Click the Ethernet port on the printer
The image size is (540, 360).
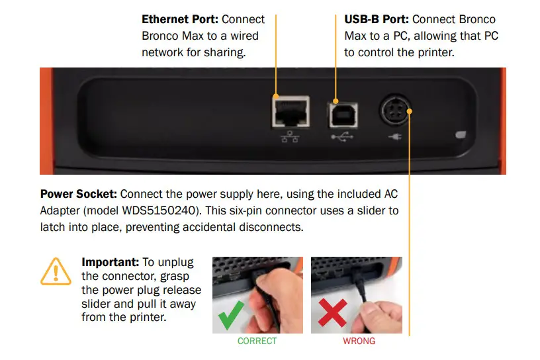[289, 111]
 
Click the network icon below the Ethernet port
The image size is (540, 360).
[289, 137]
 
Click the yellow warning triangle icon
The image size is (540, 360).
[56, 272]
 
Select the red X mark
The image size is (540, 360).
[332, 312]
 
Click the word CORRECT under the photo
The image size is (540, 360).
[257, 341]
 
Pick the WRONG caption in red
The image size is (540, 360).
[359, 341]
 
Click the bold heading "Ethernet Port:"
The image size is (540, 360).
[179, 20]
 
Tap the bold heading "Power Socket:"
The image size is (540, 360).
[79, 195]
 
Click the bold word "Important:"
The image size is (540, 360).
[109, 262]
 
